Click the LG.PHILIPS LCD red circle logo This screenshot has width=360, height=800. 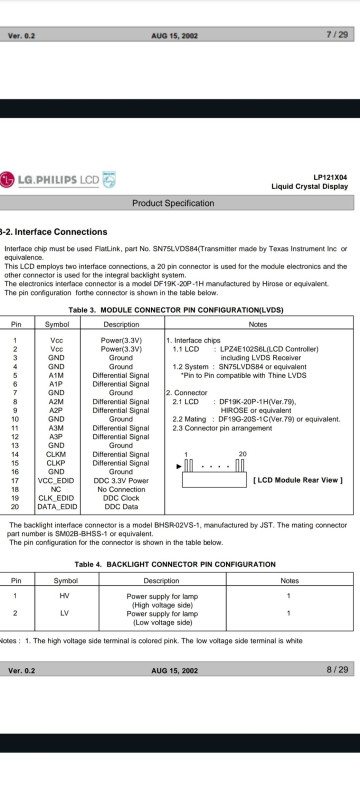point(7,180)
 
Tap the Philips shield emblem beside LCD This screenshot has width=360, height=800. point(109,180)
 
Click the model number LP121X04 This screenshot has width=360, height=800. point(330,177)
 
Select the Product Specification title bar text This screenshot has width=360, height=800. point(173,203)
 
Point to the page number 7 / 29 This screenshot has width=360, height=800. point(337,35)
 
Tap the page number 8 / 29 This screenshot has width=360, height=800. point(337,669)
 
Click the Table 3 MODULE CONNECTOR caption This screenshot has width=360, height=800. point(176,310)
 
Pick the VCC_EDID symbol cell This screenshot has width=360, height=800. point(56,481)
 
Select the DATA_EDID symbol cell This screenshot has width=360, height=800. point(56,507)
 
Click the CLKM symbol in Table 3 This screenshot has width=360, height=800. point(56,454)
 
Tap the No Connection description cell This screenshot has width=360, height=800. point(121,489)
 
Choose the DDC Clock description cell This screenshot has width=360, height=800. point(121,498)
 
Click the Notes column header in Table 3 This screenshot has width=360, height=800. point(258,324)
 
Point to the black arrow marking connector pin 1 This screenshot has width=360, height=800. point(178,466)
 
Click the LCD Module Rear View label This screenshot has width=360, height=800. point(298,480)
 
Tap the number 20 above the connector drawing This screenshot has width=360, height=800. point(242,454)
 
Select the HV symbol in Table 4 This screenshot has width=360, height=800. point(64,595)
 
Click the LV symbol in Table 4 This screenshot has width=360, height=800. point(64,613)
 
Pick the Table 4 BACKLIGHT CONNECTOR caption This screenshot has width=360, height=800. point(175,564)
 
